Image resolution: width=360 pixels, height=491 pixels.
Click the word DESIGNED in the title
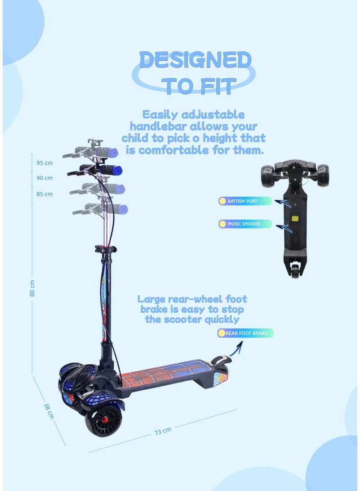click(x=195, y=60)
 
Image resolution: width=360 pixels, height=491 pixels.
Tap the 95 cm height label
click(x=45, y=162)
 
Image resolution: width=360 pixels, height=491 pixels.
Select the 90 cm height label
click(x=45, y=178)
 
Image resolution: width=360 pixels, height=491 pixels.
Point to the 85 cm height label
click(x=45, y=194)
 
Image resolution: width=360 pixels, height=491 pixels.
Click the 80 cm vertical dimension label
click(x=32, y=288)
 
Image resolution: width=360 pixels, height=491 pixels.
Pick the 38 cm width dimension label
click(x=49, y=410)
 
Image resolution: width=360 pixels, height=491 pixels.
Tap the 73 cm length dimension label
click(x=162, y=431)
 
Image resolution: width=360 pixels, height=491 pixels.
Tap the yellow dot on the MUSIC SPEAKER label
click(x=222, y=224)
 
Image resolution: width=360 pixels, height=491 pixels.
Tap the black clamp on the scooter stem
click(x=105, y=249)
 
